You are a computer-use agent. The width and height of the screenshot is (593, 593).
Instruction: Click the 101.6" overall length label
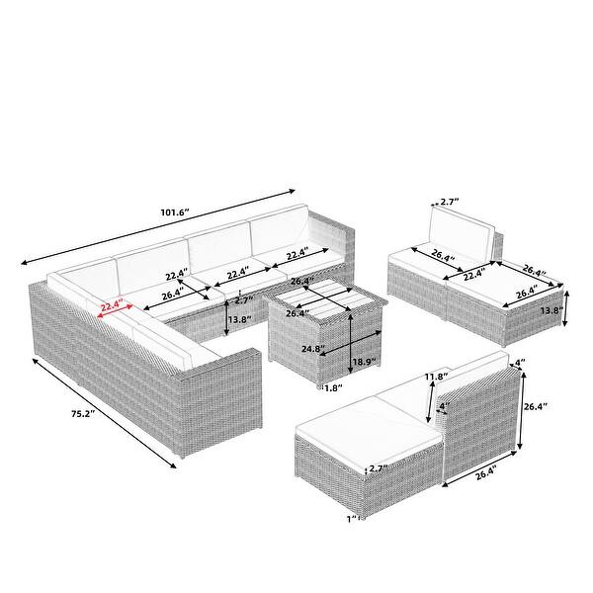(x=174, y=212)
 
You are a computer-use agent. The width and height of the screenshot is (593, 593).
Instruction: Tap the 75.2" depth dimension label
(x=83, y=414)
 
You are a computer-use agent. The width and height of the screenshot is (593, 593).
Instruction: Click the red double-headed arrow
(x=116, y=310)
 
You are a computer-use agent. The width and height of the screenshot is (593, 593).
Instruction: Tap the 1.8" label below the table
(x=332, y=387)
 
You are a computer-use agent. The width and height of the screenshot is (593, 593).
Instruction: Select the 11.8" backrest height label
(x=436, y=377)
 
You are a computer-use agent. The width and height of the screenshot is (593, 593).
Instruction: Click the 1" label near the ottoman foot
(x=352, y=519)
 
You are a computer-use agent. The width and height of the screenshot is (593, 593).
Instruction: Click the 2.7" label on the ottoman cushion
(x=379, y=468)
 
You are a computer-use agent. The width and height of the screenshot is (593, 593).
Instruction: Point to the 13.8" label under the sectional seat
(x=240, y=319)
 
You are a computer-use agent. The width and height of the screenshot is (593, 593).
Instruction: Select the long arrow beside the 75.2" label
(x=105, y=413)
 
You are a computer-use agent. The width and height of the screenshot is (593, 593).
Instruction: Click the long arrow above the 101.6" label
(x=158, y=227)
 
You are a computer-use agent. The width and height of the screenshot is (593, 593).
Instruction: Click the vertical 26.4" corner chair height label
(x=536, y=407)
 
